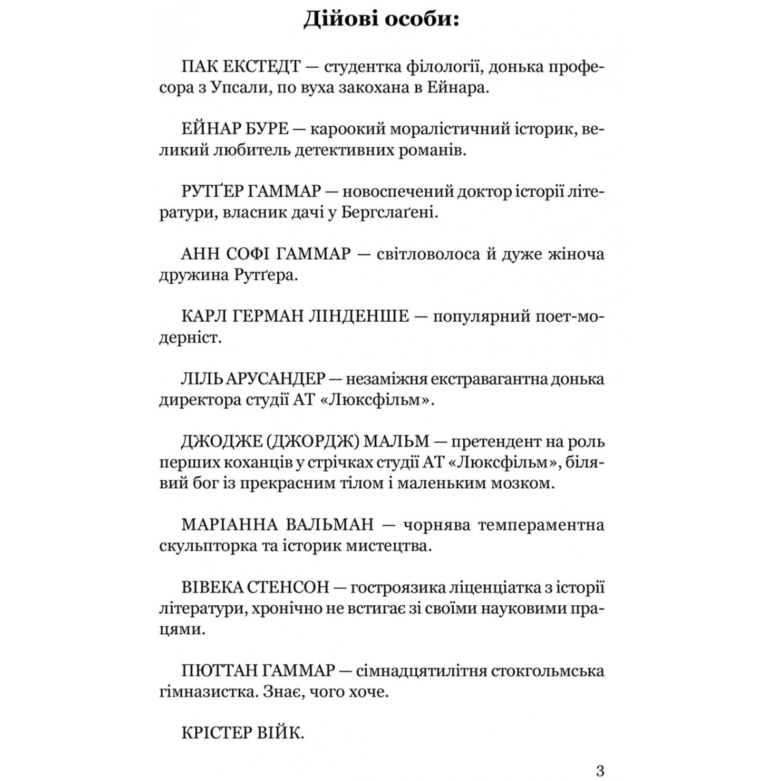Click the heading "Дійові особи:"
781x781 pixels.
click(x=381, y=21)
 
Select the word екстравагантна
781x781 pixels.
click(x=471, y=379)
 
